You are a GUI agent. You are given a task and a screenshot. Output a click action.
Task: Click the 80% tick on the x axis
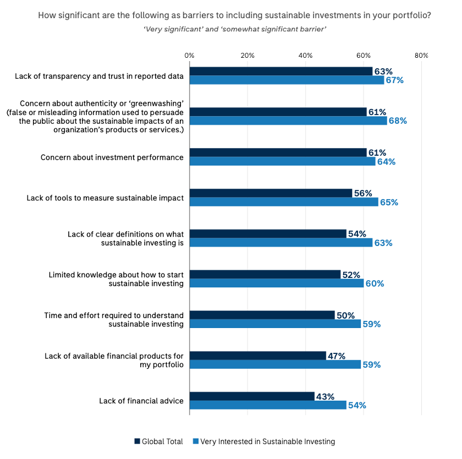pos(421,56)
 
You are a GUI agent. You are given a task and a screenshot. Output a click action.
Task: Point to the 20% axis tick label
pos(248,56)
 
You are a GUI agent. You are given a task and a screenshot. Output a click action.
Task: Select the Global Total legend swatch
pos(137,441)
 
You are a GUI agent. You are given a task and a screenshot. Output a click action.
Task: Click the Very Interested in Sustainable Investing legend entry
pos(263,441)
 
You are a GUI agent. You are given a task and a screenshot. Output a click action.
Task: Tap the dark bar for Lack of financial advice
pos(252,396)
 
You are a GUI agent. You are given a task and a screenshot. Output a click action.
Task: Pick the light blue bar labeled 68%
pos(288,121)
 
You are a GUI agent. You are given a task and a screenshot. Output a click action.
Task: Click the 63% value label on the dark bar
pos(383,72)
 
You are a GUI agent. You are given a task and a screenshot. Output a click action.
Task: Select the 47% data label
pos(337,356)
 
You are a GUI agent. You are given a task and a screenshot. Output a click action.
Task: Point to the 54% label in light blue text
pos(357,406)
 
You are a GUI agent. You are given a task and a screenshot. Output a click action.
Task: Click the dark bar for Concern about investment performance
pos(278,152)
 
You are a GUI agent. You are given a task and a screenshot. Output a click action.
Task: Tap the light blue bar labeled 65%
pos(284,202)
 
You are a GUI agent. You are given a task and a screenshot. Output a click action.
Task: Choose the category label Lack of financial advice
pos(141,401)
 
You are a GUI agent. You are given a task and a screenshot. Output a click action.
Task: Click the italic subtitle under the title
pos(235,30)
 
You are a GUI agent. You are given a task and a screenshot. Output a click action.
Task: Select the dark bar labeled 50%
pos(262,315)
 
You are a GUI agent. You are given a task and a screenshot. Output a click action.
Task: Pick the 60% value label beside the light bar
pos(375,284)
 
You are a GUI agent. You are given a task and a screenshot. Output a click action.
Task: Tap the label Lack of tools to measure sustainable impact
pos(105,198)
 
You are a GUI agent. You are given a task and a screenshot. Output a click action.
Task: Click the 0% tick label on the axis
pos(189,56)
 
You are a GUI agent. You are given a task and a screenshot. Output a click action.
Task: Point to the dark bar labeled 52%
pos(265,274)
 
